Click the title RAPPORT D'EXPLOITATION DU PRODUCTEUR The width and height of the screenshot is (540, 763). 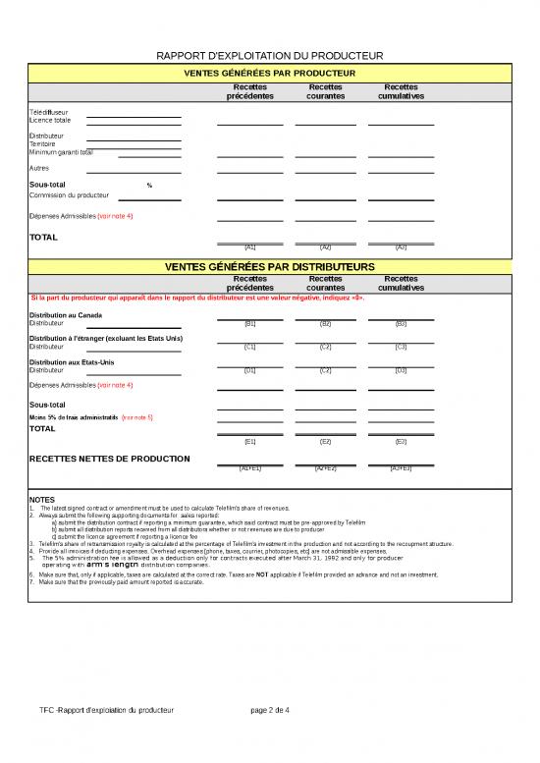[x=270, y=58]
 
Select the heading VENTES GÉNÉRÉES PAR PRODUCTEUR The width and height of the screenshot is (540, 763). [x=270, y=73]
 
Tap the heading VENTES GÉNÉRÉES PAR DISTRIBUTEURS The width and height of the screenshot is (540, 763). [x=270, y=266]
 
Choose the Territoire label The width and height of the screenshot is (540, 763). [x=43, y=143]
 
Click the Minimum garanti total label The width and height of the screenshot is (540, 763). [x=62, y=152]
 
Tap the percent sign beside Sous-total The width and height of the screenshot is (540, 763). [x=149, y=186]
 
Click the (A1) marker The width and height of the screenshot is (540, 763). [x=249, y=247]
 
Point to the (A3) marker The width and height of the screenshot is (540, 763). [x=401, y=247]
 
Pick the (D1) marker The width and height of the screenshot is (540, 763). [x=249, y=370]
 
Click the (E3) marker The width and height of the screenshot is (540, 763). [x=401, y=443]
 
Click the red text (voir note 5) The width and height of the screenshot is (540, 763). [x=136, y=417]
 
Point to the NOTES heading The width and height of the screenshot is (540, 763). [x=42, y=500]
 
